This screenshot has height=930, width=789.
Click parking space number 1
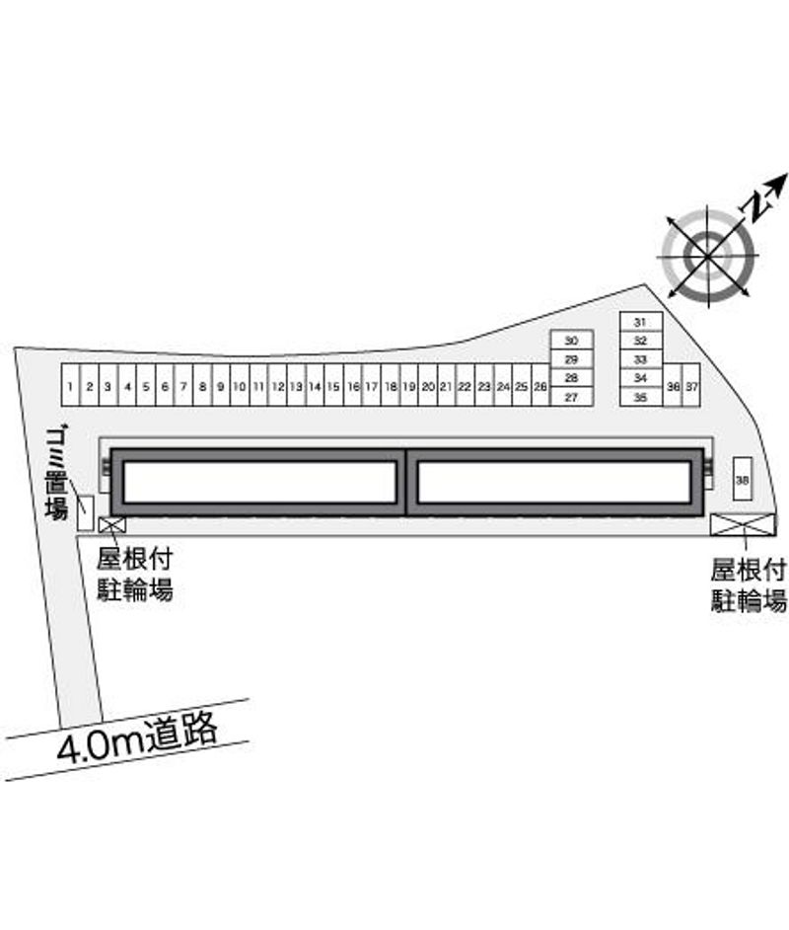[70, 385]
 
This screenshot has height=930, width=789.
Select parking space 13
[296, 385]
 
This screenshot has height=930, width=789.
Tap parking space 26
[540, 385]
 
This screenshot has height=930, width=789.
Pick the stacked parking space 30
[572, 340]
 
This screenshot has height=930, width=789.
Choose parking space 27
[572, 397]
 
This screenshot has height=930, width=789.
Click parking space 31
[641, 322]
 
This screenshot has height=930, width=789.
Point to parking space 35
[641, 397]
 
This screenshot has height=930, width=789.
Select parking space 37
[691, 385]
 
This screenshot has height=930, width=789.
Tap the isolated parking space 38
[743, 479]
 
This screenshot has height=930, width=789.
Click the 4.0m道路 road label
[137, 737]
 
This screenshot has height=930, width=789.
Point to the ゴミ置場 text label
[56, 472]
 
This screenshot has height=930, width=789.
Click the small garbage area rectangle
[85, 512]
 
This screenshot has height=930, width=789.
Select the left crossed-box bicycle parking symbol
[112, 524]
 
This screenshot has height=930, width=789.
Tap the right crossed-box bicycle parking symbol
[743, 525]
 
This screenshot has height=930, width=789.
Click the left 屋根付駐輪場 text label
[135, 575]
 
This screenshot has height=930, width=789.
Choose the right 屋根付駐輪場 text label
[749, 584]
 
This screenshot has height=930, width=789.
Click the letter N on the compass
[755, 205]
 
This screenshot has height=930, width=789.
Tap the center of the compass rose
[708, 257]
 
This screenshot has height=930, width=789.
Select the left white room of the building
[260, 482]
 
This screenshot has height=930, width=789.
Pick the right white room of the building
[554, 482]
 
